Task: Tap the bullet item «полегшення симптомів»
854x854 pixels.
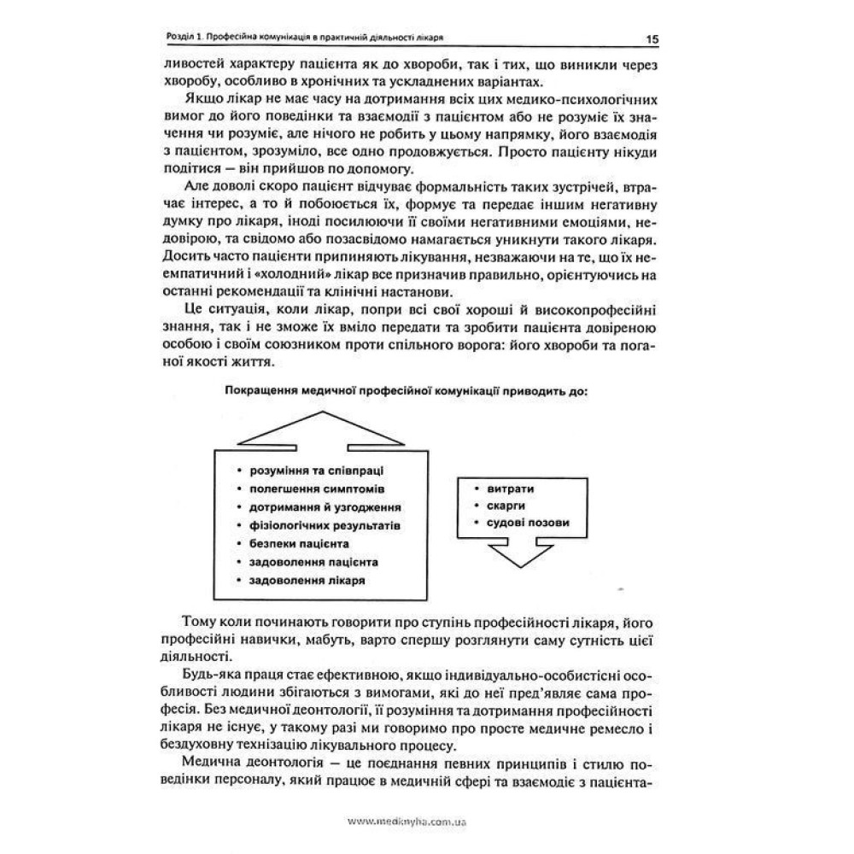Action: (304, 488)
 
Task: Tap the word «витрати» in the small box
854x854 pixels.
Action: (512, 489)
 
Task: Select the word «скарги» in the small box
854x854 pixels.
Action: (506, 506)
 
